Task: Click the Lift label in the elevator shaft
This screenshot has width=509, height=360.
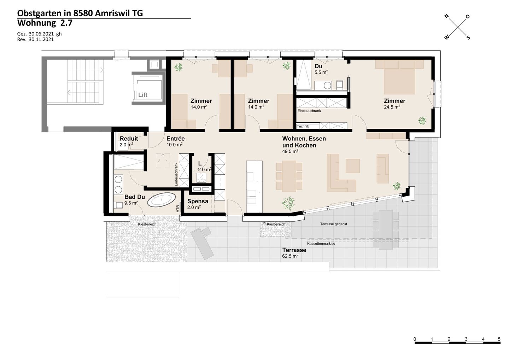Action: pyautogui.click(x=143, y=95)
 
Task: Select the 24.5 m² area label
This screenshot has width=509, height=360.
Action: pyautogui.click(x=392, y=107)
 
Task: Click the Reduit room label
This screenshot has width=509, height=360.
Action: pyautogui.click(x=129, y=138)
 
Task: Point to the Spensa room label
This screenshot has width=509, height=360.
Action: pyautogui.click(x=198, y=201)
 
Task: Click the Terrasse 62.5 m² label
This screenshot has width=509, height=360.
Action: pyautogui.click(x=294, y=253)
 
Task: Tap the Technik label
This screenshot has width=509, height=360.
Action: pyautogui.click(x=303, y=126)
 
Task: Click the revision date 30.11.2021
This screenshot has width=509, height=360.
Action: pyautogui.click(x=41, y=39)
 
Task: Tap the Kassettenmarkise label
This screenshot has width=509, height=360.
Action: pyautogui.click(x=321, y=244)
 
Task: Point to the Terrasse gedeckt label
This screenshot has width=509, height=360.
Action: pyautogui.click(x=334, y=224)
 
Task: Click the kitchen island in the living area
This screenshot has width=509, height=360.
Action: pyautogui.click(x=255, y=187)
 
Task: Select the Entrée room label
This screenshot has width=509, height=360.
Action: pyautogui.click(x=175, y=138)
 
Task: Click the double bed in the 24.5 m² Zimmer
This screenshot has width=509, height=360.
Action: pyautogui.click(x=399, y=77)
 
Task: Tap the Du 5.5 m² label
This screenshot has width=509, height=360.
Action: pyautogui.click(x=321, y=69)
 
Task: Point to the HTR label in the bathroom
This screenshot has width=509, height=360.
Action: pyautogui.click(x=177, y=209)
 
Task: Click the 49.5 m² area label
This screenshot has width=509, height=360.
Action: pyautogui.click(x=290, y=151)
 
